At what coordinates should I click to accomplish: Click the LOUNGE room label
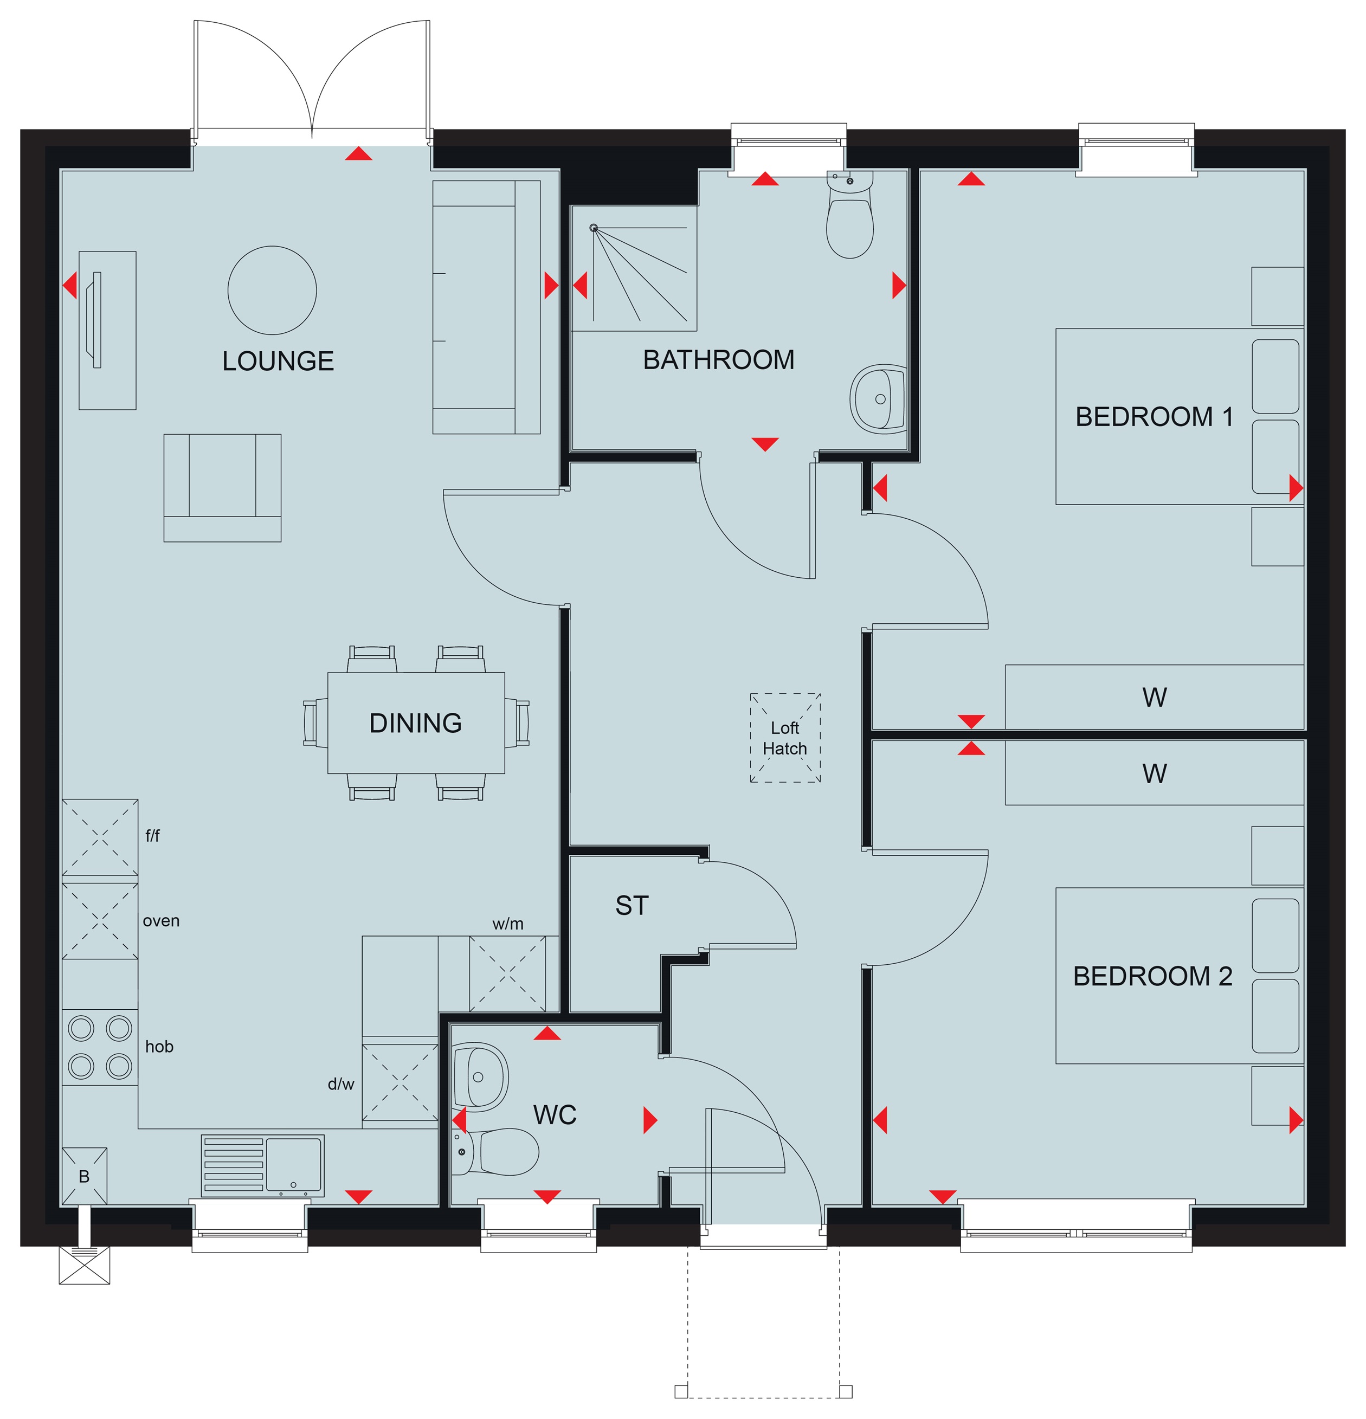pyautogui.click(x=278, y=360)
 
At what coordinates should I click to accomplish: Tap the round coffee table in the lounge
pyautogui.click(x=272, y=291)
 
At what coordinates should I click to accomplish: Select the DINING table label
pyautogui.click(x=416, y=723)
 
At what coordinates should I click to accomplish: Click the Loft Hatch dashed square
pyautogui.click(x=785, y=738)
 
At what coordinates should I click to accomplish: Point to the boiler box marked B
pyautogui.click(x=85, y=1177)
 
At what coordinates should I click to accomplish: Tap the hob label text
pyautogui.click(x=159, y=1046)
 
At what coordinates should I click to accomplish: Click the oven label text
pyautogui.click(x=160, y=921)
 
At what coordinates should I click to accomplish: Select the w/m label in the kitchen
pyautogui.click(x=507, y=924)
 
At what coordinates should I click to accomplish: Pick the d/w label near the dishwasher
pyautogui.click(x=341, y=1084)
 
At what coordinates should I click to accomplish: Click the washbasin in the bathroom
pyautogui.click(x=878, y=399)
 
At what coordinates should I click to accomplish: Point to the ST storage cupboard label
pyautogui.click(x=632, y=906)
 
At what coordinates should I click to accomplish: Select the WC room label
pyautogui.click(x=555, y=1115)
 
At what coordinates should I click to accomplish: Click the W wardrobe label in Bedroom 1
pyautogui.click(x=1155, y=697)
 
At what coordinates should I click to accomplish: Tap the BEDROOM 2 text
pyautogui.click(x=1152, y=976)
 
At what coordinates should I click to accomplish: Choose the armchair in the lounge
pyautogui.click(x=222, y=488)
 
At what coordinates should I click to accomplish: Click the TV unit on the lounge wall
pyautogui.click(x=107, y=330)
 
